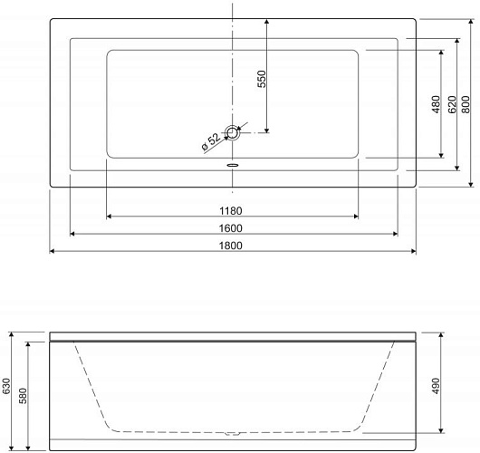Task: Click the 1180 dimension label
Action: coord(231,211)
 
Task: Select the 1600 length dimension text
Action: coord(231,228)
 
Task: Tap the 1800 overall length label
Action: coord(231,246)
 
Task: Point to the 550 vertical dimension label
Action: coord(262,79)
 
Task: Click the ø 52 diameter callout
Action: coord(211,142)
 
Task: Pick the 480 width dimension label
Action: coord(436,104)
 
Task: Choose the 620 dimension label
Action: coord(452,104)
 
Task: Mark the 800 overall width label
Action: coord(466,104)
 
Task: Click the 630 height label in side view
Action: coord(6,386)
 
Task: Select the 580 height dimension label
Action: coord(23,396)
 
